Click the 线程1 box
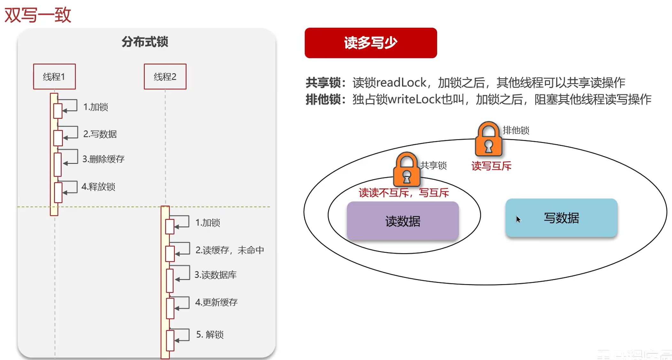[x=54, y=77]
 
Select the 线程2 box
[x=165, y=77]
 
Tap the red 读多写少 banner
[x=371, y=43]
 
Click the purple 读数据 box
[x=403, y=221]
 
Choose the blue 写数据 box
[x=561, y=218]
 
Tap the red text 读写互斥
[x=491, y=166]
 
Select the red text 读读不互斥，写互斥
[x=404, y=193]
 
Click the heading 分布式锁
[x=145, y=42]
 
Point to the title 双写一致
[x=38, y=15]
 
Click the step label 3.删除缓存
[x=103, y=159]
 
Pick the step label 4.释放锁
[x=98, y=187]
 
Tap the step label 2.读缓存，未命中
[x=229, y=250]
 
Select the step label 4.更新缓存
[x=216, y=302]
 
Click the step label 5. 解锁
[x=210, y=334]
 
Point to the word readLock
[x=401, y=83]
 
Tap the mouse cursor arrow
[x=518, y=219]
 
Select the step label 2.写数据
[x=100, y=134]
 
